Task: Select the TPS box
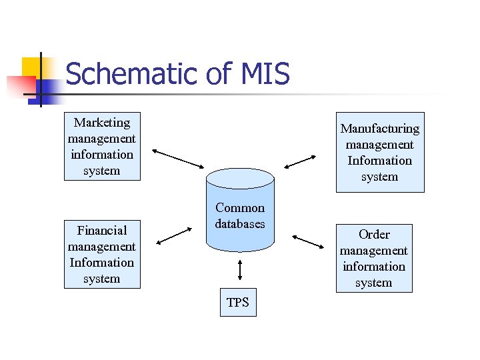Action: coord(237,303)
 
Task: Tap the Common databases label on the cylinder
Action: coord(240,216)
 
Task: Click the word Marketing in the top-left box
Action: coord(102,123)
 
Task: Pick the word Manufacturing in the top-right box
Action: coord(379,129)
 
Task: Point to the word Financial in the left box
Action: coord(101,231)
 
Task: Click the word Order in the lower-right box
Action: coord(374,235)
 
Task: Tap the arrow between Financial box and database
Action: coord(175,236)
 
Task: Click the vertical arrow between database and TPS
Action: coord(239,269)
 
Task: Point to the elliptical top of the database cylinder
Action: coord(240,178)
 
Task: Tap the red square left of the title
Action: coord(20,86)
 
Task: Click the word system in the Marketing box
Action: coord(102,171)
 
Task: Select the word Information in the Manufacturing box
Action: coord(379,161)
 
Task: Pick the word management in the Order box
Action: coord(374,251)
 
